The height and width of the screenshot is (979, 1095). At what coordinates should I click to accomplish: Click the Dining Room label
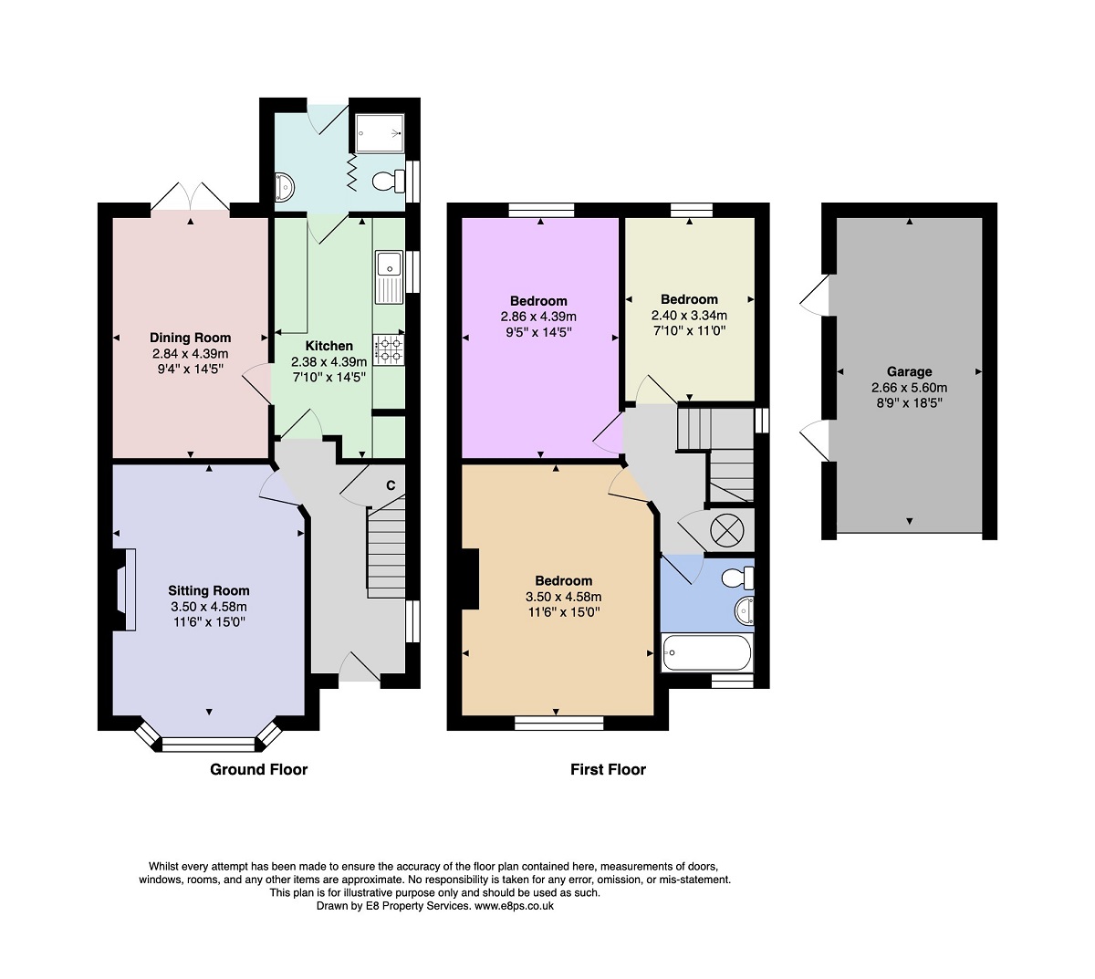click(x=190, y=338)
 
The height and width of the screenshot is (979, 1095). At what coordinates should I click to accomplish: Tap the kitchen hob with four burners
click(x=388, y=349)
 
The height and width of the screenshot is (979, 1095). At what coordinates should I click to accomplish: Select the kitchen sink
click(x=389, y=276)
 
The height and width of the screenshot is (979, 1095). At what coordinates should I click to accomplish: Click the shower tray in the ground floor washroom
click(x=380, y=133)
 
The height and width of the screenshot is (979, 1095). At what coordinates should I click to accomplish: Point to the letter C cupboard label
click(x=391, y=485)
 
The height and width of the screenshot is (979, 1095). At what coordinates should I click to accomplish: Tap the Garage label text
click(x=909, y=372)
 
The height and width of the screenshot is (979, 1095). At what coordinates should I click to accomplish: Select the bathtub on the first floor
click(x=707, y=652)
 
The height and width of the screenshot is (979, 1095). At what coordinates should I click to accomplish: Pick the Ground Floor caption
click(x=258, y=770)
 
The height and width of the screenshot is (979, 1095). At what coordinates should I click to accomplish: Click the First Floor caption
click(x=608, y=770)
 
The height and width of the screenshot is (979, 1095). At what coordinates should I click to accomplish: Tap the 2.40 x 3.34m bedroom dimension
click(x=689, y=315)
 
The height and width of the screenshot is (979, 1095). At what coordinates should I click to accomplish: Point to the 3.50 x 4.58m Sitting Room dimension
click(x=209, y=607)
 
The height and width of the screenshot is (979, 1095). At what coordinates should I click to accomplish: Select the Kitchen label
click(x=328, y=346)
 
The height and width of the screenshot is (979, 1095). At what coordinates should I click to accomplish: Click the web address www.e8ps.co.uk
click(x=514, y=906)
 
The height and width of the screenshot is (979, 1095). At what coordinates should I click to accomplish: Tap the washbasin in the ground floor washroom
click(x=284, y=186)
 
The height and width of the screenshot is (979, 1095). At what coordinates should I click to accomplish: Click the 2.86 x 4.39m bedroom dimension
click(x=538, y=317)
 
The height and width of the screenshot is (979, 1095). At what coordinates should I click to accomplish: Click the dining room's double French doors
click(x=190, y=197)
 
